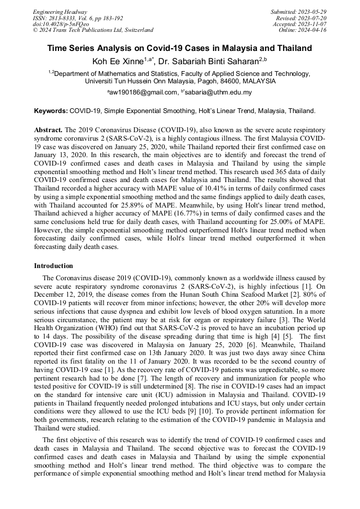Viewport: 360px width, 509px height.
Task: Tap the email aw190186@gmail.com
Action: pyautogui.click(x=143, y=92)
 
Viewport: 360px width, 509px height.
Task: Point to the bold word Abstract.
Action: pyautogui.click(x=48, y=130)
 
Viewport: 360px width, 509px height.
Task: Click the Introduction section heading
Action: pyautogui.click(x=54, y=265)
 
